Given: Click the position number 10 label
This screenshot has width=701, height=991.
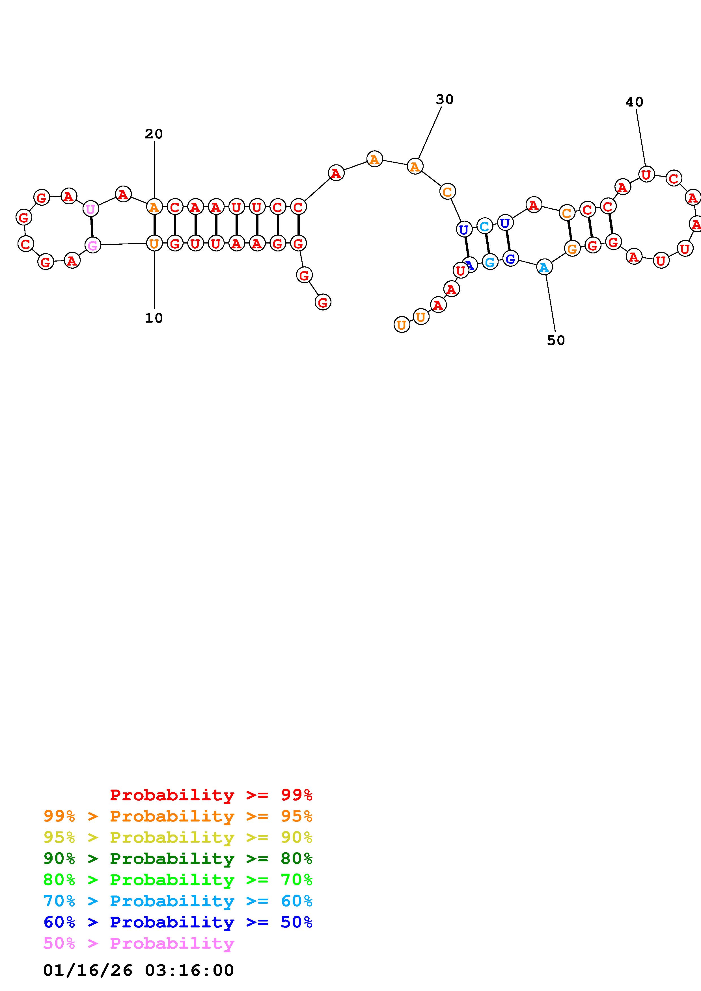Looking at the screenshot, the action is click(154, 318).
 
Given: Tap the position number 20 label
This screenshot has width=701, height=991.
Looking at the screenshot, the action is click(154, 134).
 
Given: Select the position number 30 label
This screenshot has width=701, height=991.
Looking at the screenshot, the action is click(445, 100).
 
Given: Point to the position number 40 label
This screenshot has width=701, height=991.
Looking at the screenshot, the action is click(634, 102).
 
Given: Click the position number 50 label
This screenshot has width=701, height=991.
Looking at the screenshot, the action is click(556, 340).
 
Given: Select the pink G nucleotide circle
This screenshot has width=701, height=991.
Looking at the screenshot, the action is click(93, 245).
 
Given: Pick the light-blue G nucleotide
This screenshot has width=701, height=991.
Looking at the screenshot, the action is click(490, 262).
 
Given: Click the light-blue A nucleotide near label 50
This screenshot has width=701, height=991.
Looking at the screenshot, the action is click(544, 267).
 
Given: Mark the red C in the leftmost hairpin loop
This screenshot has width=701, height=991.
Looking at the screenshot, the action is click(25, 244).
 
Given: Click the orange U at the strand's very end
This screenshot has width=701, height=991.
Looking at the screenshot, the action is click(402, 325).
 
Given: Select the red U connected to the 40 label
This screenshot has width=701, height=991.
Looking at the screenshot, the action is click(646, 174).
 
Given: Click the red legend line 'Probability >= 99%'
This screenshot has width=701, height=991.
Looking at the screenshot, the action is click(211, 795).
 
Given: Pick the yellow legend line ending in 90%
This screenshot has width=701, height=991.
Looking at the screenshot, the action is click(178, 837).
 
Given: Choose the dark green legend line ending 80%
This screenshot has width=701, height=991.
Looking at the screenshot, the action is click(178, 859).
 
